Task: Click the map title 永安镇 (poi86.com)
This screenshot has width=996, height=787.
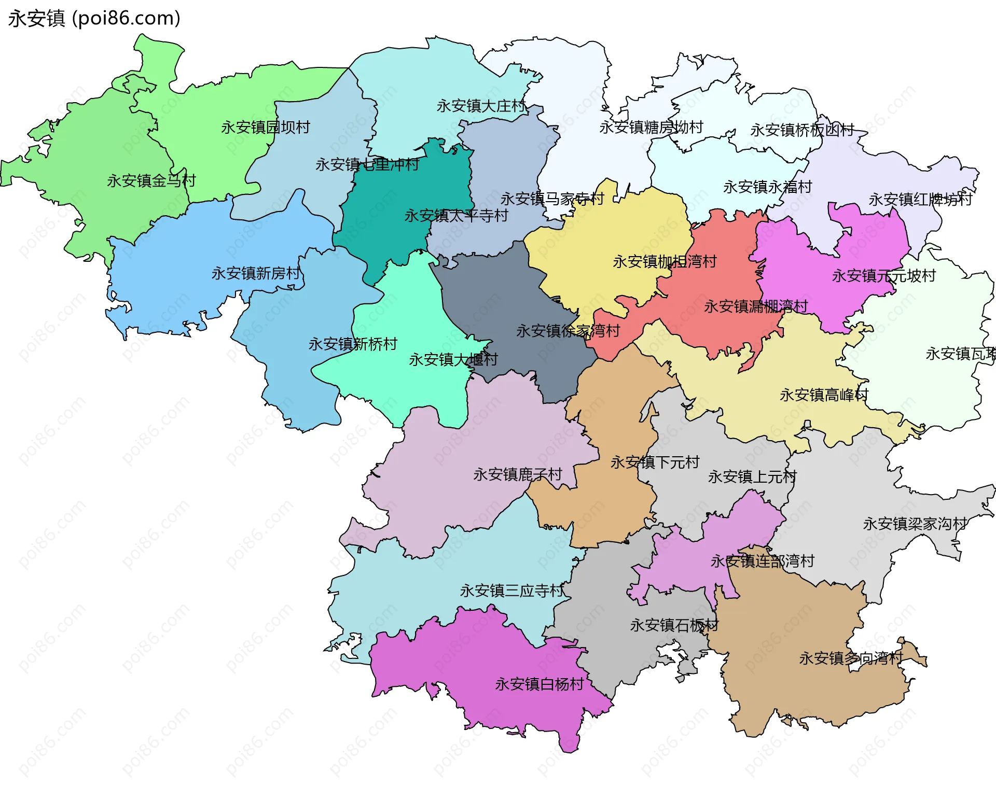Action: pyautogui.click(x=94, y=19)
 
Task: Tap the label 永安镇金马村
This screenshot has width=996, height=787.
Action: pyautogui.click(x=151, y=181)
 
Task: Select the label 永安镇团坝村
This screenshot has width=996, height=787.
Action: pyautogui.click(x=266, y=127)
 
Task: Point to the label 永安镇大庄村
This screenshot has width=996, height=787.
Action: pyautogui.click(x=481, y=106)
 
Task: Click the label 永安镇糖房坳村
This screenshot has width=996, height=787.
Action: pyautogui.click(x=651, y=127)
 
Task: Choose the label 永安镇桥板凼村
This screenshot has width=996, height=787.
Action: pyautogui.click(x=802, y=130)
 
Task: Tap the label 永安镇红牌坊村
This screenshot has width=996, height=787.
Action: pyautogui.click(x=920, y=200)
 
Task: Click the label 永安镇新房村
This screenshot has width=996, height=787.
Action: pyautogui.click(x=256, y=273)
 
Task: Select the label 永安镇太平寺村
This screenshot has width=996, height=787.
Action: pyautogui.click(x=456, y=216)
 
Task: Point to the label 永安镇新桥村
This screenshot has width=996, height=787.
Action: pyautogui.click(x=353, y=344)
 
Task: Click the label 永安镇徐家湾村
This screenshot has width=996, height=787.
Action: pyautogui.click(x=568, y=331)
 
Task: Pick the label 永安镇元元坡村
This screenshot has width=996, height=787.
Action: pyautogui.click(x=884, y=276)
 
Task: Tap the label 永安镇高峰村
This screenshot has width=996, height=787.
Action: pyautogui.click(x=824, y=395)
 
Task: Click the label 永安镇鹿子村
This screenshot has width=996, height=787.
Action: pyautogui.click(x=518, y=474)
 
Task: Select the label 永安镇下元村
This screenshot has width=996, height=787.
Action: pyautogui.click(x=655, y=462)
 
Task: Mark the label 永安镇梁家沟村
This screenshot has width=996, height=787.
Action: pyautogui.click(x=915, y=524)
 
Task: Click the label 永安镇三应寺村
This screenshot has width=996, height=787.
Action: pyautogui.click(x=511, y=591)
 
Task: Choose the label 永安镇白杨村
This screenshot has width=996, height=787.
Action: pyautogui.click(x=539, y=684)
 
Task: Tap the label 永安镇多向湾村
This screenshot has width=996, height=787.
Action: pyautogui.click(x=851, y=658)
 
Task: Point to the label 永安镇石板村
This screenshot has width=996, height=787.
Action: pyautogui.click(x=674, y=625)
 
